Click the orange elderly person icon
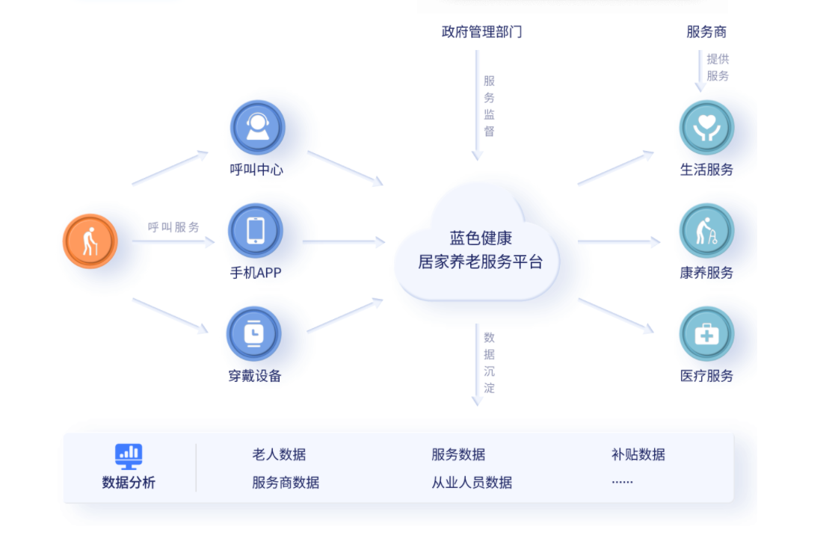[90, 241]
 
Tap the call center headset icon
[257, 127]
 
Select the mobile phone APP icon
[256, 230]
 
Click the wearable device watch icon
[254, 333]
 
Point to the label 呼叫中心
[256, 170]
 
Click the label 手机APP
[256, 273]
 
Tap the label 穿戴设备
[255, 376]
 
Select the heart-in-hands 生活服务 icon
[706, 127]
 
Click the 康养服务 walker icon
[706, 230]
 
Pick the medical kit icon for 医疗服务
[706, 333]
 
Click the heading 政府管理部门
[481, 31]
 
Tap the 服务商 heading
[706, 31]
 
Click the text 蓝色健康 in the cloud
[481, 238]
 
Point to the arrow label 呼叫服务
[173, 227]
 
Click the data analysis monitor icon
[129, 455]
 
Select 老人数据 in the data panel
[279, 454]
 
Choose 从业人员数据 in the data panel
[472, 483]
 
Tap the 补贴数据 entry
[638, 454]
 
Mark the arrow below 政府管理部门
[477, 105]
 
